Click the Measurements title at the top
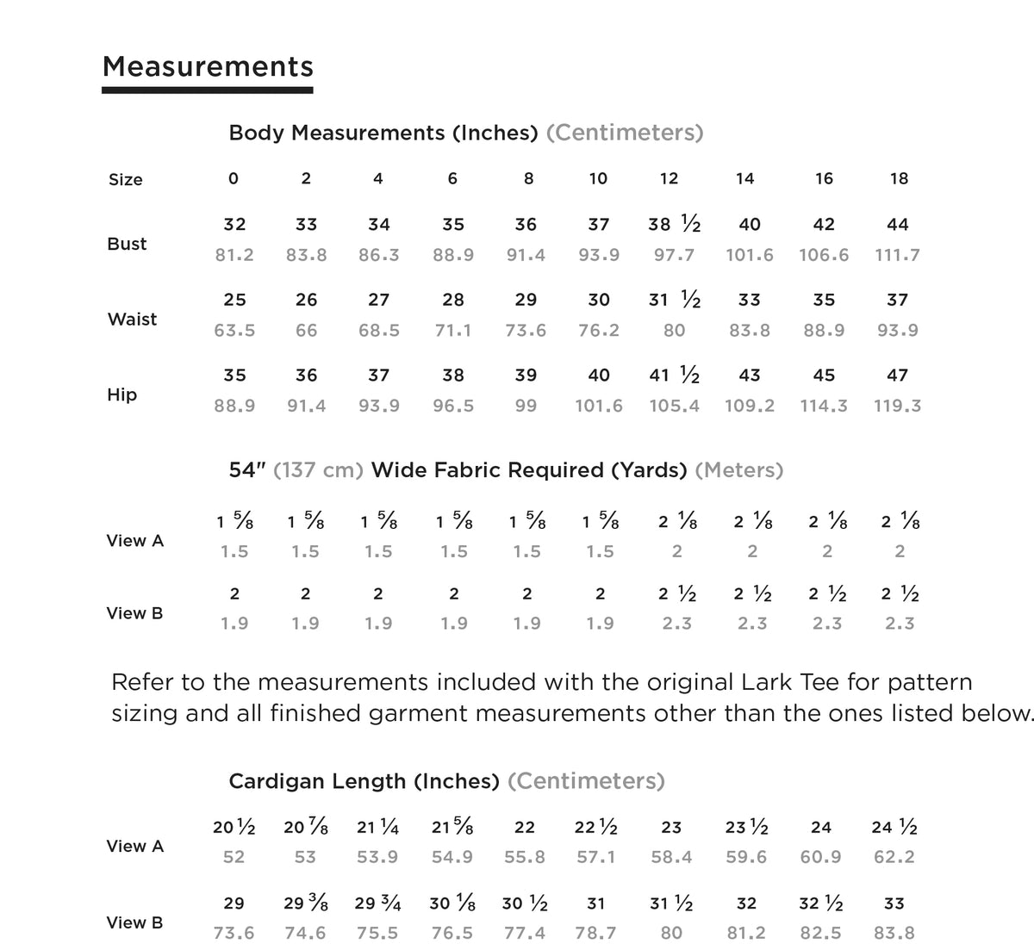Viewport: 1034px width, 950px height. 208,66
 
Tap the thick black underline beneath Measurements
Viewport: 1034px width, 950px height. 208,89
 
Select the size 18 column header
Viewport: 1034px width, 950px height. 899,178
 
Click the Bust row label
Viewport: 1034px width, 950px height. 127,244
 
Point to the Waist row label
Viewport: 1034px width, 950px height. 132,319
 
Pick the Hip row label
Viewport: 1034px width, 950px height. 122,394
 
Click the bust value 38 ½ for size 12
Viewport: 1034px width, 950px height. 674,225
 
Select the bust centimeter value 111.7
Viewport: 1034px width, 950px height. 897,255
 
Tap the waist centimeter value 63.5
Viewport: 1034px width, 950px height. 234,330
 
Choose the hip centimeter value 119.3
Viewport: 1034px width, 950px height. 897,406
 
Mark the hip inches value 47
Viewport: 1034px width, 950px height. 897,376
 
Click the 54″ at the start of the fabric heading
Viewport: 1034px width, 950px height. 247,470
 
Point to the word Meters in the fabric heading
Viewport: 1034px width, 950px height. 738,470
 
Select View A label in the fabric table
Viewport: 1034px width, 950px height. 134,541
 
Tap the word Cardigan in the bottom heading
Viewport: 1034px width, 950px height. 274,781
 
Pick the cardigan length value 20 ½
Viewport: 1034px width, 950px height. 234,828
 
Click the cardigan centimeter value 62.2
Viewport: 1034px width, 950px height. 894,857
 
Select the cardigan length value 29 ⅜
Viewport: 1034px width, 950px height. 306,904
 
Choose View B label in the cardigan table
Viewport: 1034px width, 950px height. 134,922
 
